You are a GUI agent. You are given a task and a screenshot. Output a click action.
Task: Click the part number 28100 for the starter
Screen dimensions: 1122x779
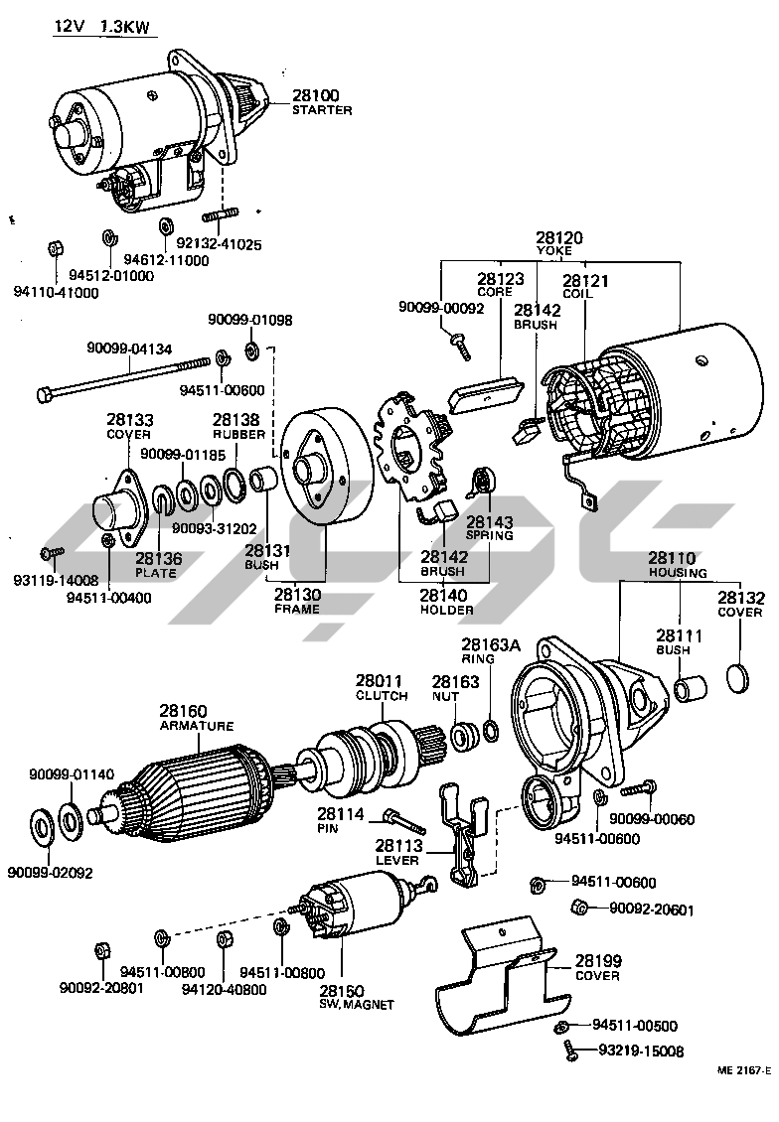coord(315,95)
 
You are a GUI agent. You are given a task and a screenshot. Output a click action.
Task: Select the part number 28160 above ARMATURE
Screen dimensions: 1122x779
coord(184,711)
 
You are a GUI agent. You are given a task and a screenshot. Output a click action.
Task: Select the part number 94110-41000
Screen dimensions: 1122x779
coord(57,293)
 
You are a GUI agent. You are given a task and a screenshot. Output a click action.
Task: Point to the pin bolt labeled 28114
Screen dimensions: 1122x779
coord(402,819)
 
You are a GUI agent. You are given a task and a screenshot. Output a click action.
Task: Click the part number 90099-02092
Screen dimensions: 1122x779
coord(49,873)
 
